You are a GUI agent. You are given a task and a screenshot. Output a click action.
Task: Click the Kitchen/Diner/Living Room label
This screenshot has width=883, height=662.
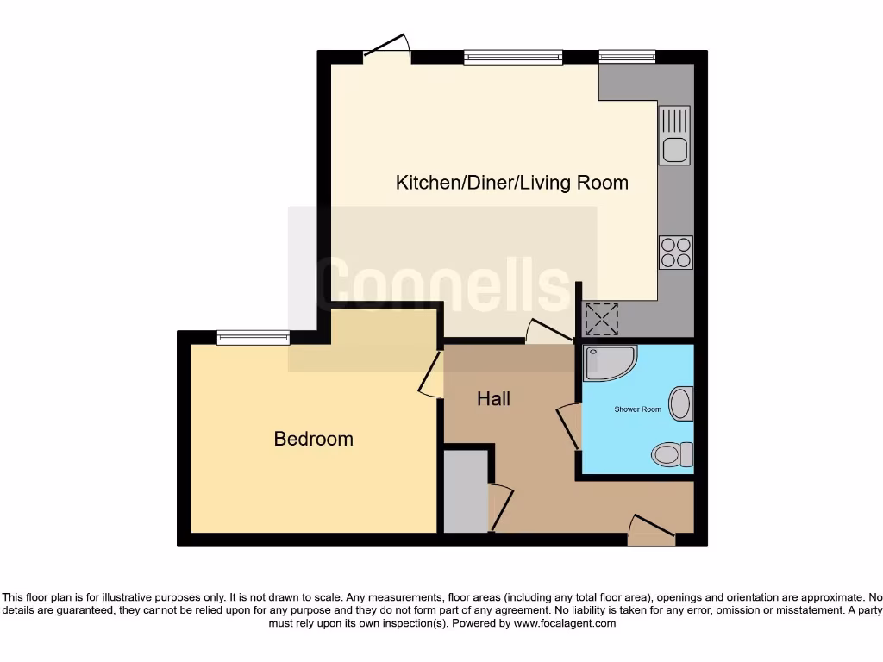[511, 183]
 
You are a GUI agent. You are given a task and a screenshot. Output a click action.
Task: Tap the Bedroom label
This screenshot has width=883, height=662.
[313, 439]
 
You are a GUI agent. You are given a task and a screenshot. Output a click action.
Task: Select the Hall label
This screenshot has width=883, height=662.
[494, 398]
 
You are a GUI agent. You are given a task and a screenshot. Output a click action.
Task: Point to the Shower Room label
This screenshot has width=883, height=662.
[637, 409]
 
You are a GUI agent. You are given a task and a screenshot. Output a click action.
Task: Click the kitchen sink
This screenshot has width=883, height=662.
[674, 135]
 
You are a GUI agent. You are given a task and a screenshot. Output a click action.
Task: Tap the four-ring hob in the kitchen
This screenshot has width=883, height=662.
[675, 252]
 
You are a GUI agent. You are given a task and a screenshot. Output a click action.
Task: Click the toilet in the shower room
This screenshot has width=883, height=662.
[672, 453]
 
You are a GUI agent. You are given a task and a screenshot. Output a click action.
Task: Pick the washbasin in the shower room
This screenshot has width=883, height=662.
[681, 403]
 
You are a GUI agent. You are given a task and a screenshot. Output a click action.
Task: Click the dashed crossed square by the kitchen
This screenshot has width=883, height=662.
[602, 320]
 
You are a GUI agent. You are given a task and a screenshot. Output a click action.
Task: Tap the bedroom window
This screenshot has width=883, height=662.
[254, 338]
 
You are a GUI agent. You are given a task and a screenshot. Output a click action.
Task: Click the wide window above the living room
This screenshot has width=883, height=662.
[512, 58]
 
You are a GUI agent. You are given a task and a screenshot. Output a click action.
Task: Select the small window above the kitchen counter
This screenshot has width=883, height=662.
[627, 58]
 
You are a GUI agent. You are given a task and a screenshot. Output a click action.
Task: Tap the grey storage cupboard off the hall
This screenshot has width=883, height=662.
[466, 490]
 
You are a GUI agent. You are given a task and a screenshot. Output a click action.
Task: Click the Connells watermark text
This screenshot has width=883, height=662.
[441, 284]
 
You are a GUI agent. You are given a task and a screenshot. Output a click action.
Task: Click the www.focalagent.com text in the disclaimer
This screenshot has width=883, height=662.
[565, 623]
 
